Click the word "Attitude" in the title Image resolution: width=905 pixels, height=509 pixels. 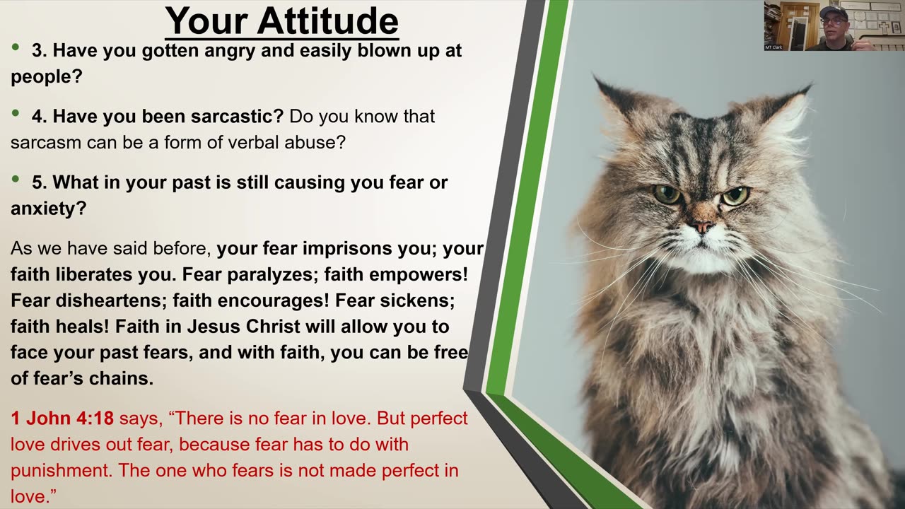pyautogui.click(x=327, y=21)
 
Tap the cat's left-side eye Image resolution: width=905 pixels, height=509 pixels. pyautogui.click(x=666, y=194)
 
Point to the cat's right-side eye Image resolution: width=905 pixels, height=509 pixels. pyautogui.click(x=736, y=196)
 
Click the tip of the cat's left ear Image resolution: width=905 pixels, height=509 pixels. pyautogui.click(x=594, y=76)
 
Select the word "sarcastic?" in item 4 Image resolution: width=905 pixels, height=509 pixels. pyautogui.click(x=237, y=117)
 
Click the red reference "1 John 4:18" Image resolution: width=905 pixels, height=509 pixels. pyautogui.click(x=62, y=418)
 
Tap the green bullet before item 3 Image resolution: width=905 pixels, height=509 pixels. pyautogui.click(x=16, y=47)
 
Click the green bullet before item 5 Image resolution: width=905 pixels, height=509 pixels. pyautogui.click(x=16, y=179)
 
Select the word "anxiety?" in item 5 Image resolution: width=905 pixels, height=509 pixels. pyautogui.click(x=49, y=209)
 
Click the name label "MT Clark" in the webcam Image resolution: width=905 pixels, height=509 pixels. pyautogui.click(x=773, y=47)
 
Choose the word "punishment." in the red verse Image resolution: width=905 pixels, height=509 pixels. pyautogui.click(x=62, y=471)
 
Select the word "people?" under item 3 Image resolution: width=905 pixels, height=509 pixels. pyautogui.click(x=47, y=77)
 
